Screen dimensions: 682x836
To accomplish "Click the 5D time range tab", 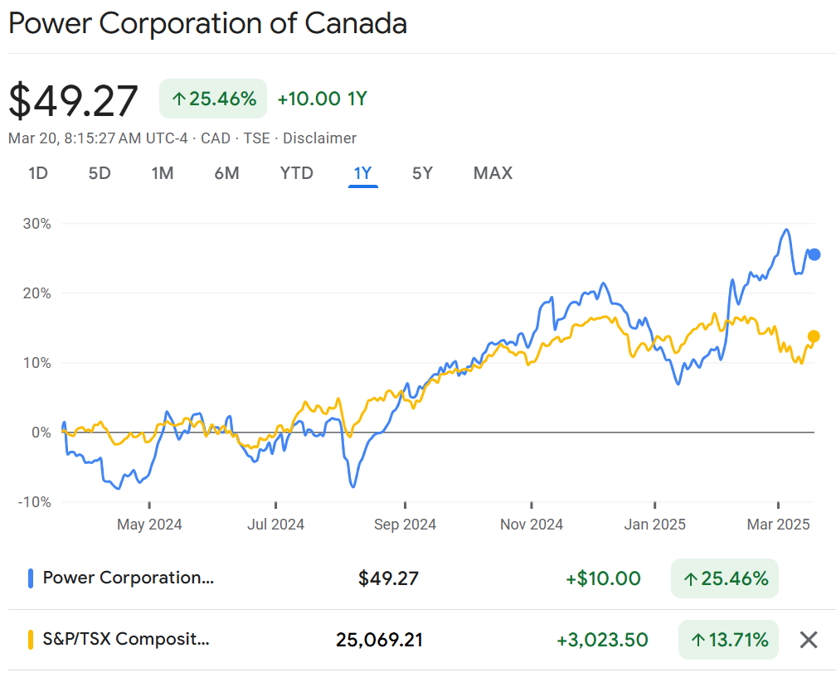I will point(100,173).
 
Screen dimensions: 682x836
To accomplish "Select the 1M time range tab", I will point(163,173).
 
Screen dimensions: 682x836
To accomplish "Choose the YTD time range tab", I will point(296,173).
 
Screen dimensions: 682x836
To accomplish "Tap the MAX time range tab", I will point(493,173).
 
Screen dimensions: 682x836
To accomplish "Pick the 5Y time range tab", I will point(422,173).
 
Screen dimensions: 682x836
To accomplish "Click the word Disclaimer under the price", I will point(319,138).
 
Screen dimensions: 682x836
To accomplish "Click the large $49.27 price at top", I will point(74,101).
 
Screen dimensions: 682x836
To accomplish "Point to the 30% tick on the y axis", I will point(36,224).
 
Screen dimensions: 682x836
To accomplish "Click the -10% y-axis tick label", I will point(34,502).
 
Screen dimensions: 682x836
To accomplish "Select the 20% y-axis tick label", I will point(36,293).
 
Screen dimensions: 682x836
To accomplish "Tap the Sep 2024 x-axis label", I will point(405,525).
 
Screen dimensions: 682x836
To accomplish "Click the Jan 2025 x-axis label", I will point(655,525).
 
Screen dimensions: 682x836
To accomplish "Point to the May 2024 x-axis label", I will point(149,525).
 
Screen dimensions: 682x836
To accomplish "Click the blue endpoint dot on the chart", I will point(814,254).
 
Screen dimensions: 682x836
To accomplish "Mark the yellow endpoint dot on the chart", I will point(814,336).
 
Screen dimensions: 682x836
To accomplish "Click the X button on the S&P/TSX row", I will point(809,640).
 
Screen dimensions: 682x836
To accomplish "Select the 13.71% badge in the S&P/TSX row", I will point(728,640).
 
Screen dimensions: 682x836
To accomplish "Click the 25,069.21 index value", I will point(379,640).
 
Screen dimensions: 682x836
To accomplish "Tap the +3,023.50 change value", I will point(602,640).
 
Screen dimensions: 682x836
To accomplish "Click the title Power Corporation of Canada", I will point(207,23).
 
